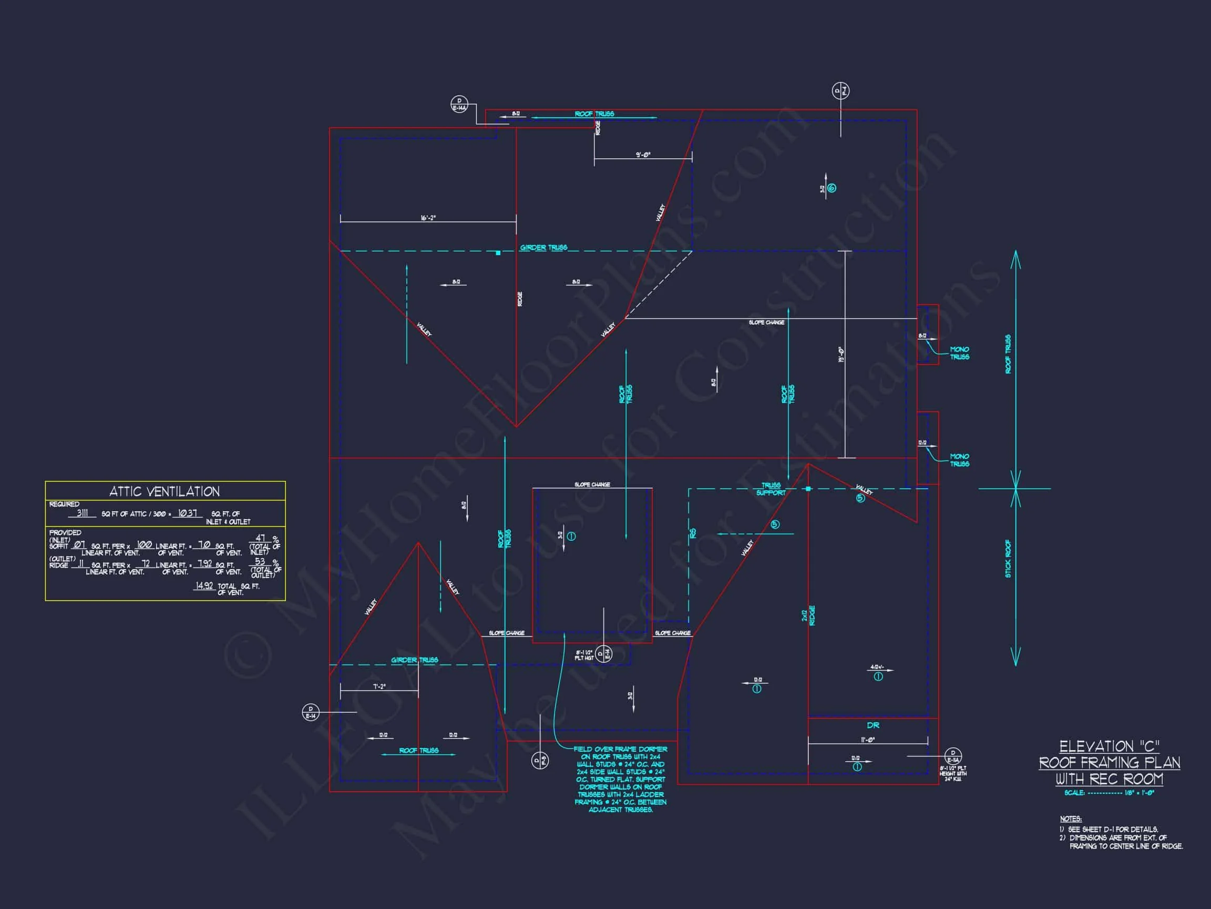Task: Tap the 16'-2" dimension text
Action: pyautogui.click(x=428, y=218)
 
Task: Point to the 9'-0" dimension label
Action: pyautogui.click(x=643, y=155)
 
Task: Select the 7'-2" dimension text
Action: pyautogui.click(x=379, y=686)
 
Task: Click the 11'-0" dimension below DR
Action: pyautogui.click(x=868, y=740)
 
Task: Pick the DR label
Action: pyautogui.click(x=873, y=725)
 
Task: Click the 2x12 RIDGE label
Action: pyautogui.click(x=808, y=615)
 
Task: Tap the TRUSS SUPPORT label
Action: pyautogui.click(x=771, y=489)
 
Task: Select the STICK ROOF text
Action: pyautogui.click(x=1008, y=558)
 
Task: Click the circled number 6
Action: pyautogui.click(x=832, y=188)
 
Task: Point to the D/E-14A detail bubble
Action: pyautogui.click(x=459, y=104)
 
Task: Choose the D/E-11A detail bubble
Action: pyautogui.click(x=953, y=756)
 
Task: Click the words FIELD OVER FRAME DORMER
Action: pyautogui.click(x=620, y=749)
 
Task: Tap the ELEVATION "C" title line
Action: pyautogui.click(x=1109, y=747)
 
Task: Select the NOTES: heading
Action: pyautogui.click(x=1070, y=819)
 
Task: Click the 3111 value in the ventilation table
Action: pyautogui.click(x=82, y=513)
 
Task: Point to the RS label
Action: pyautogui.click(x=693, y=532)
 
